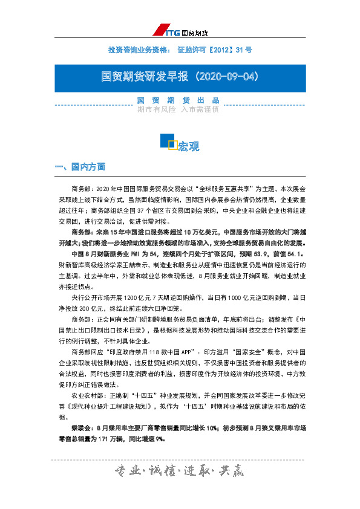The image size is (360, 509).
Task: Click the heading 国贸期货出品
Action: (x=178, y=100)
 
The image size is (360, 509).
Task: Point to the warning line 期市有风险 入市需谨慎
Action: (x=178, y=110)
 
